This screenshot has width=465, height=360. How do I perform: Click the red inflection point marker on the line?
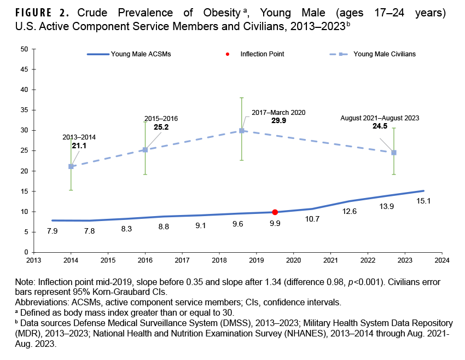[275, 212]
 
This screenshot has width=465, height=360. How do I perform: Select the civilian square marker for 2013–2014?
[71, 166]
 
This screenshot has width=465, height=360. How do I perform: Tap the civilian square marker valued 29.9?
[241, 131]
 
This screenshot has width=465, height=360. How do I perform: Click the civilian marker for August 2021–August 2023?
[394, 153]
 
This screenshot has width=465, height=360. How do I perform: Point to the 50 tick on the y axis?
[24, 49]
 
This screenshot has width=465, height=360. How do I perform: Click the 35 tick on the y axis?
[24, 110]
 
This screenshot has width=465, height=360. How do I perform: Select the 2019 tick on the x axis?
[257, 260]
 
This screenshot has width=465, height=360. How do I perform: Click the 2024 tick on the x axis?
[443, 260]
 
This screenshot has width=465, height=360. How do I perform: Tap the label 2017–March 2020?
[278, 112]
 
